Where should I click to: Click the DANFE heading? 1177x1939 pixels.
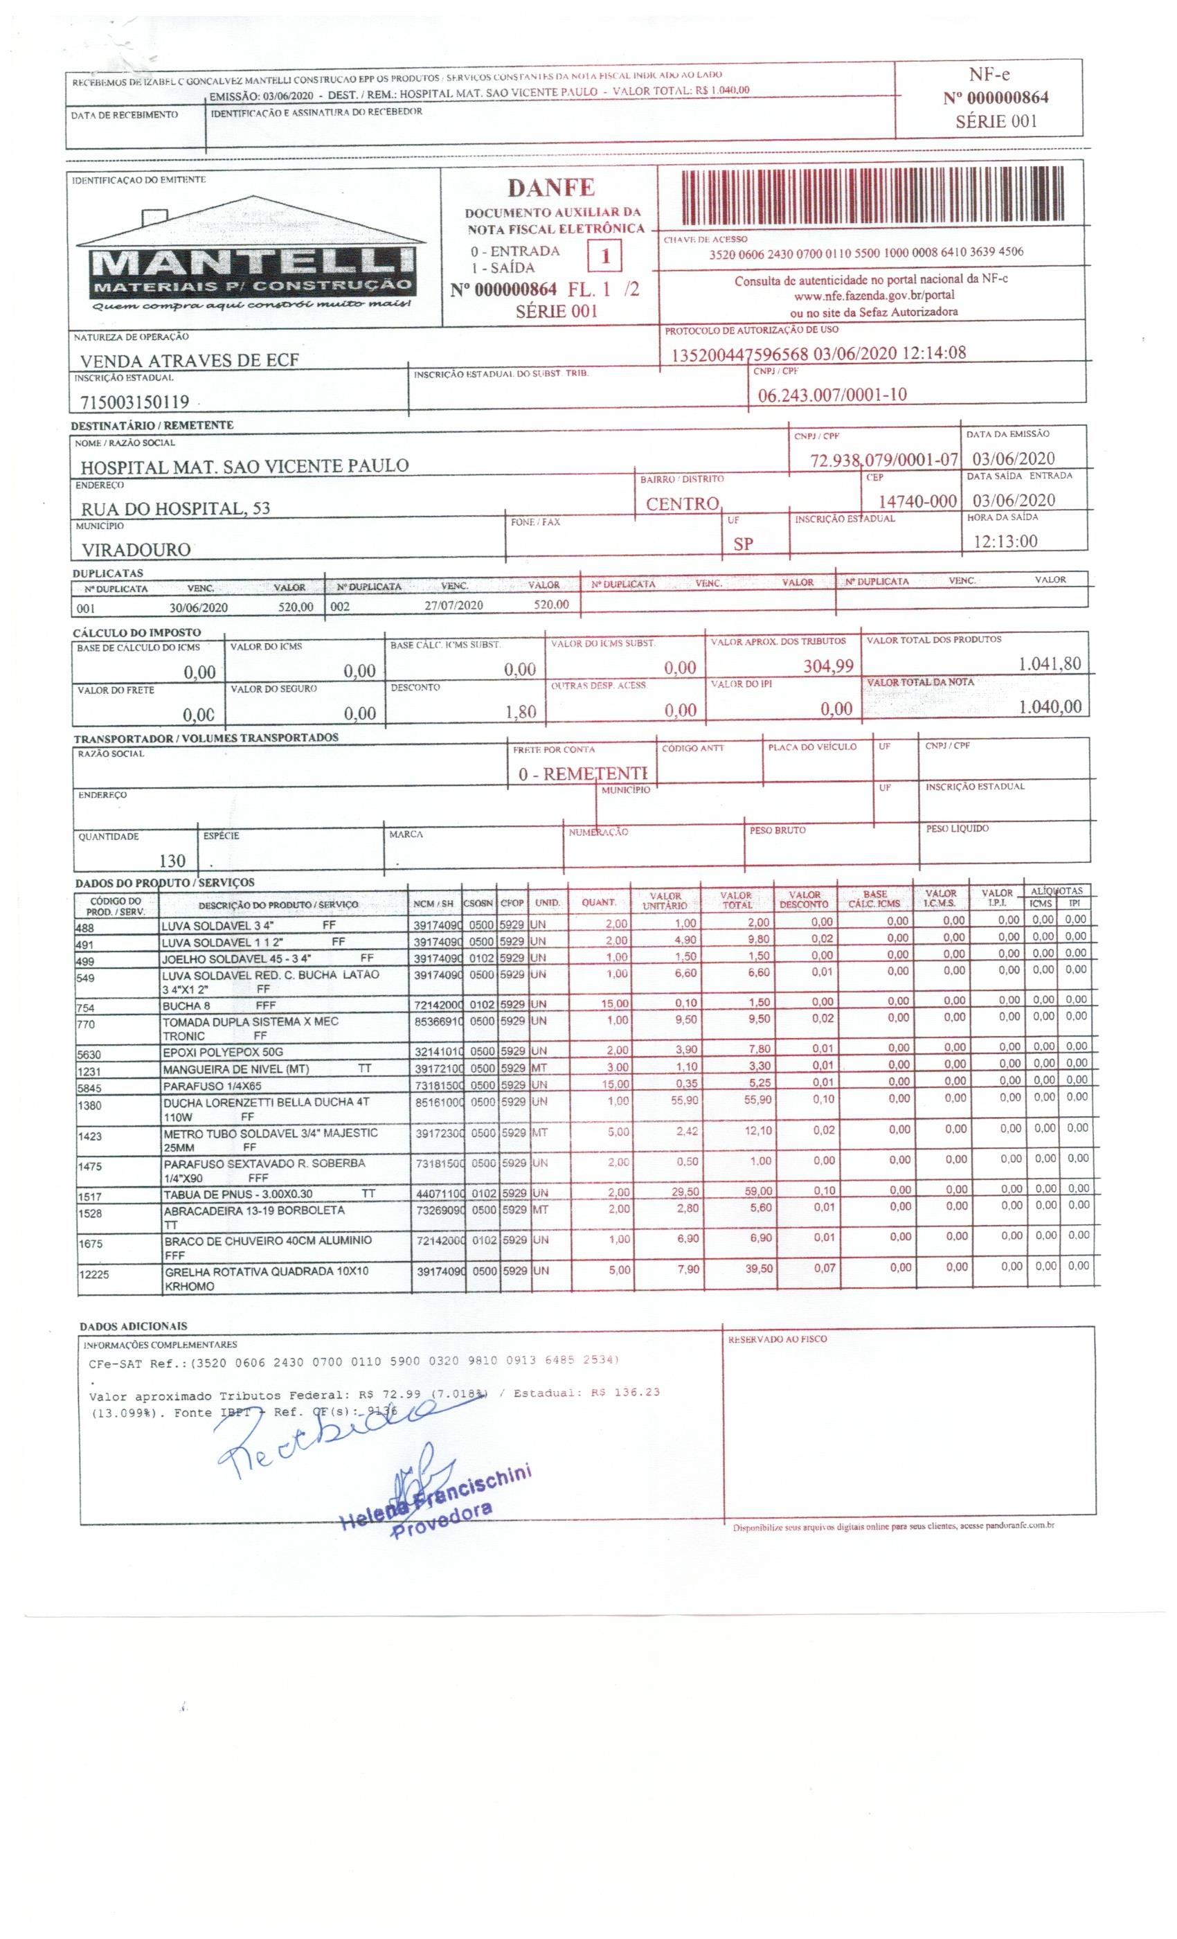(x=550, y=187)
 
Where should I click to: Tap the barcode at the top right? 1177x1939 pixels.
(x=872, y=197)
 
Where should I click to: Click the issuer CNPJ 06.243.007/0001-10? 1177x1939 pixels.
(x=832, y=394)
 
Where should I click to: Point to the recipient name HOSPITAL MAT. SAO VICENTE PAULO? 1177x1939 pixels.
(x=244, y=465)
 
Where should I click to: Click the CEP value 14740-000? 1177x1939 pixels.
(x=917, y=501)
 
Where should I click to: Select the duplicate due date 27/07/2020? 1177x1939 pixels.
(x=453, y=605)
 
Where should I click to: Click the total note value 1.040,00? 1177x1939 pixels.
(x=1050, y=706)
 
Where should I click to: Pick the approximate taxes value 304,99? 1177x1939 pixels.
(x=827, y=665)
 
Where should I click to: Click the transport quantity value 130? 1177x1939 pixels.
(x=172, y=861)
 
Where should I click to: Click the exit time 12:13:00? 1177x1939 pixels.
(x=1005, y=542)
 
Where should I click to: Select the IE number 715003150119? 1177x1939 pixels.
(x=134, y=402)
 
